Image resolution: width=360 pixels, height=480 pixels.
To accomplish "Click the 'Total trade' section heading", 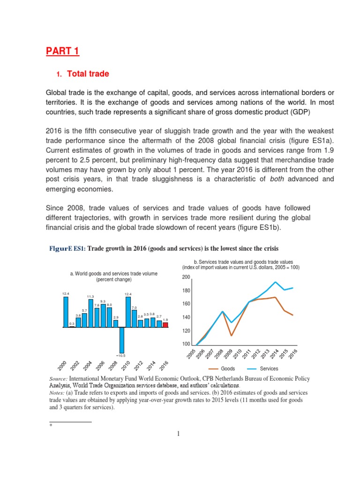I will tap(88, 74).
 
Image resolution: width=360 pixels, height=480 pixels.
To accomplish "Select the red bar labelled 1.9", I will tap(165, 324).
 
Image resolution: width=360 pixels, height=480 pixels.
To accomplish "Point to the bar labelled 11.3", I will tap(90, 313).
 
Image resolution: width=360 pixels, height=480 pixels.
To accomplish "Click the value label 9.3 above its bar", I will tap(103, 301).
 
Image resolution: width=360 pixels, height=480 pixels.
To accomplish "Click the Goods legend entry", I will tap(227, 368).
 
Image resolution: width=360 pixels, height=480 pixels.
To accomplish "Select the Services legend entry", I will tap(269, 368).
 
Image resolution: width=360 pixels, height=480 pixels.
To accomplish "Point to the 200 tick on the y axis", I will tap(186, 277).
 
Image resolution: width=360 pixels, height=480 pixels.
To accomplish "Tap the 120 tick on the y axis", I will tap(186, 331).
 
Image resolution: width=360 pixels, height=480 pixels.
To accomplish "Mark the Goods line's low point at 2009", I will tap(231, 335).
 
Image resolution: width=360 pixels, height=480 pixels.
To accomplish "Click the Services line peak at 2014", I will tap(276, 282).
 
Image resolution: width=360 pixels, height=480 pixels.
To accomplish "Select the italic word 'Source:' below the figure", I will tap(59, 378).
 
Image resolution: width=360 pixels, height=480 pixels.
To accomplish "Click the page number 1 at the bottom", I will tap(179, 434).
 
